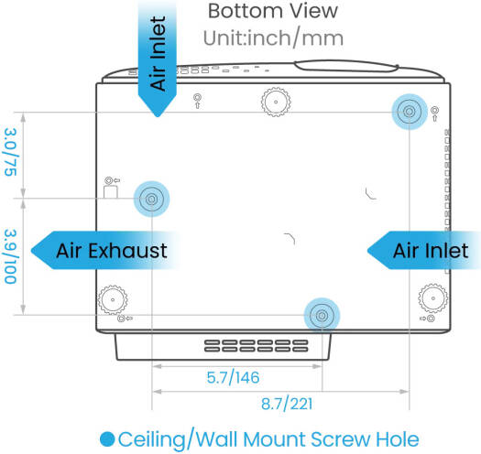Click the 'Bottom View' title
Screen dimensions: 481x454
click(x=273, y=11)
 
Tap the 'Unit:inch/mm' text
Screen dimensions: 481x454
click(x=273, y=38)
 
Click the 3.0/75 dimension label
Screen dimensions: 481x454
click(x=10, y=152)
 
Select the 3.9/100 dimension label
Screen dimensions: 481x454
click(x=10, y=256)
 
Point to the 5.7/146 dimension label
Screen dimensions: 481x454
click(x=233, y=377)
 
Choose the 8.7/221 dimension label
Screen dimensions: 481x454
click(x=287, y=404)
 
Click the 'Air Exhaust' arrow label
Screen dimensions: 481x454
click(x=104, y=251)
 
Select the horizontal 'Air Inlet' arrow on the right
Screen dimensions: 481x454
click(x=424, y=251)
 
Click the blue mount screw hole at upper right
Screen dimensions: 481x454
click(x=410, y=112)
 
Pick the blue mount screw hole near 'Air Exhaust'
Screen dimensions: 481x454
click(x=151, y=199)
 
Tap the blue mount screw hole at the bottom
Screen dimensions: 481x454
click(x=322, y=315)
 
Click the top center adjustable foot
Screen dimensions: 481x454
click(x=276, y=102)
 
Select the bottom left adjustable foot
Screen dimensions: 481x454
click(x=113, y=299)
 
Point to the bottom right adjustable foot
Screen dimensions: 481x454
click(x=433, y=298)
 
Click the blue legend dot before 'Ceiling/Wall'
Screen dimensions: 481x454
click(x=107, y=439)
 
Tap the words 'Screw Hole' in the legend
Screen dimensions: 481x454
click(x=365, y=439)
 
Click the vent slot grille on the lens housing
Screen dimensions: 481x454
click(x=257, y=346)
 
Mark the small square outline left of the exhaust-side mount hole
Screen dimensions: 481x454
click(x=111, y=192)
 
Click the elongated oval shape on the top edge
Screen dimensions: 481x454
click(x=346, y=66)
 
